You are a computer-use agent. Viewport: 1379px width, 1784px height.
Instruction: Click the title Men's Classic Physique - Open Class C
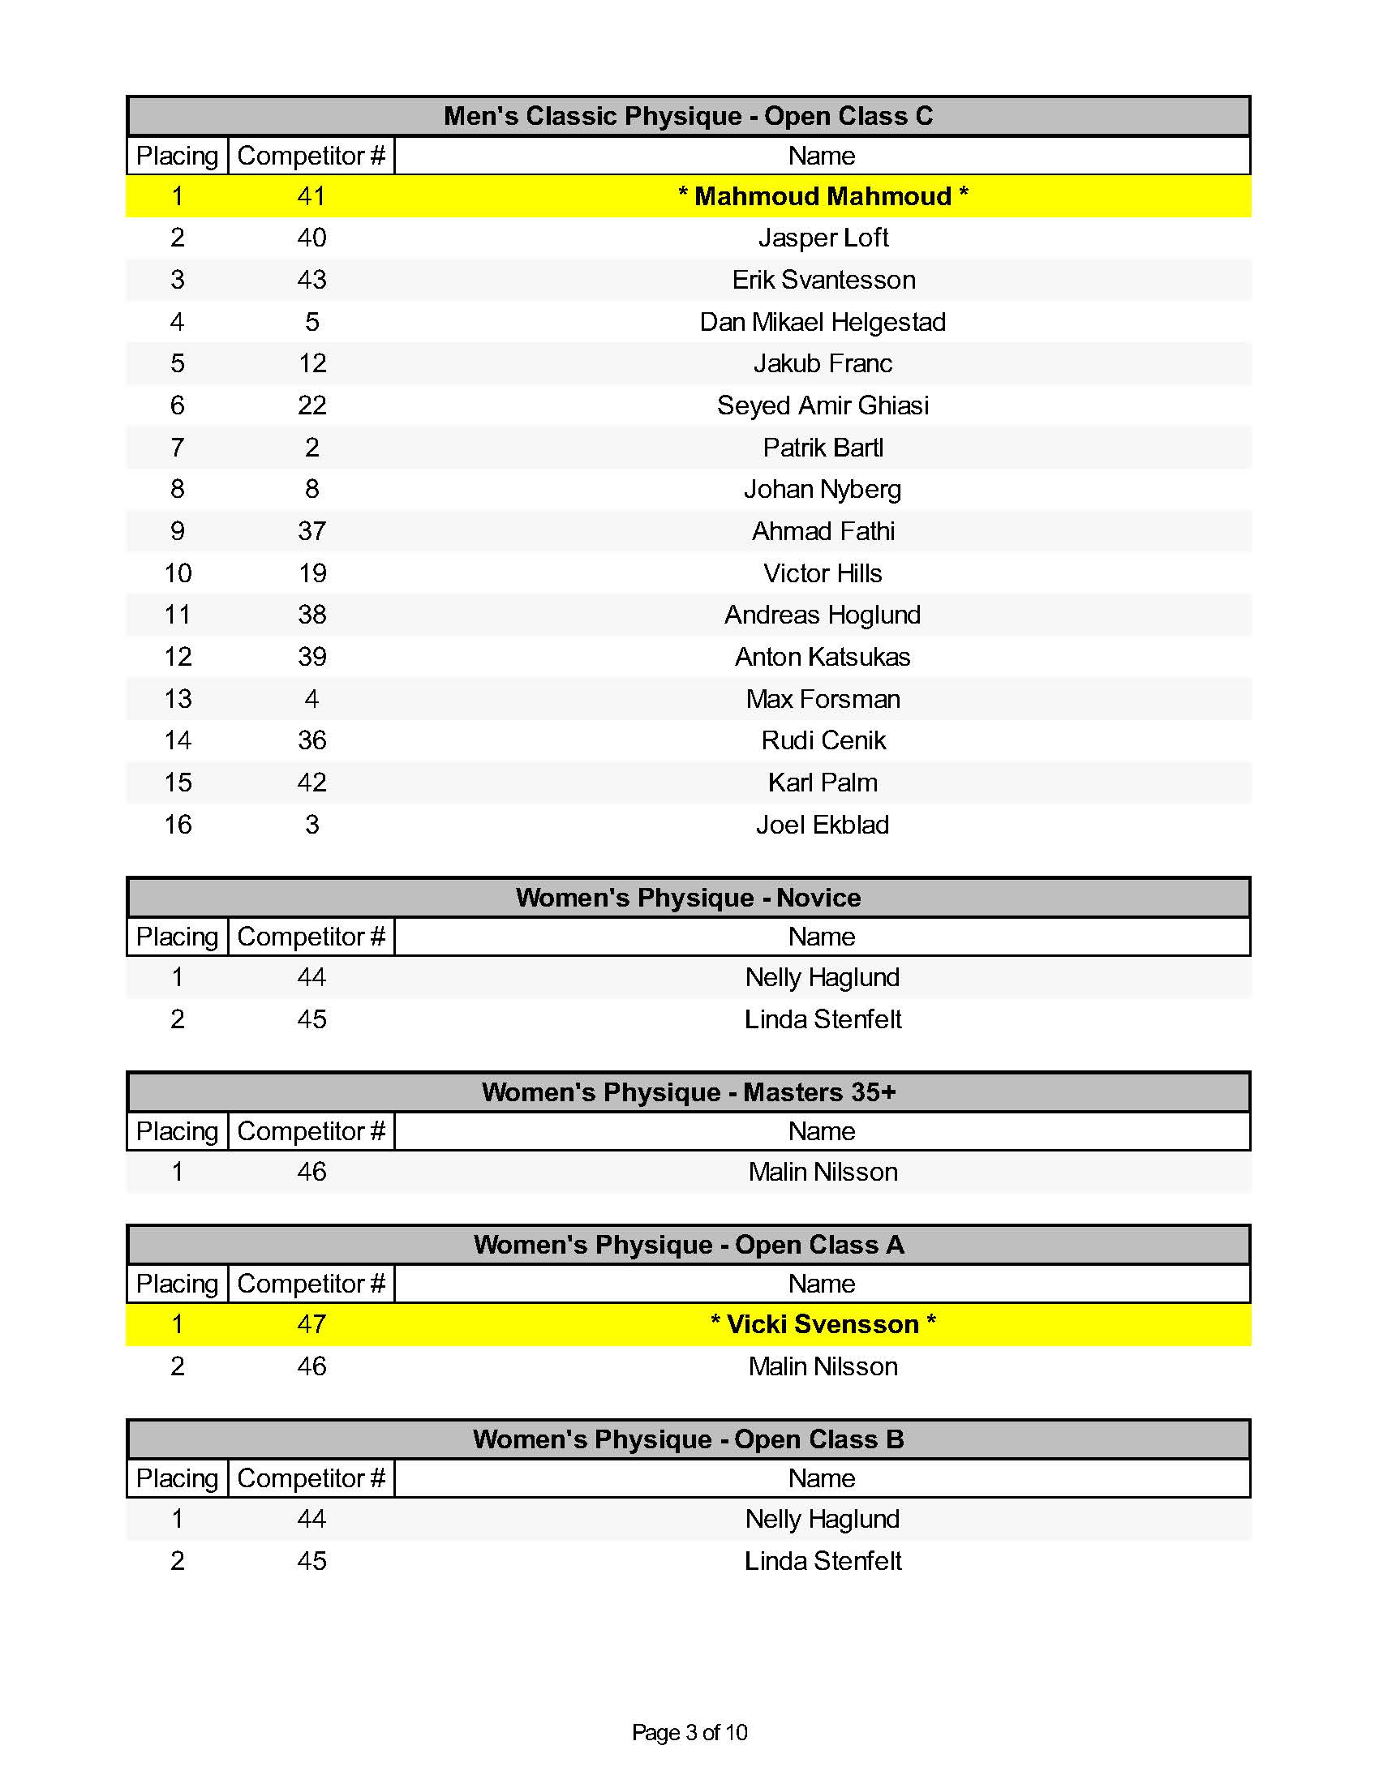[x=688, y=116]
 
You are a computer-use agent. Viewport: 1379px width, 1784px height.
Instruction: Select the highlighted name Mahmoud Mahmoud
[x=823, y=196]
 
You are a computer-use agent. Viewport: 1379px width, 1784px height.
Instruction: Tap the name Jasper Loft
[x=823, y=238]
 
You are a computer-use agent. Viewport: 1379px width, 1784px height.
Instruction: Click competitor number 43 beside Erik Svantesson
[x=311, y=280]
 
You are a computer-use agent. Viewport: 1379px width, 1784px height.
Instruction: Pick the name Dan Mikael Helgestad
[x=823, y=322]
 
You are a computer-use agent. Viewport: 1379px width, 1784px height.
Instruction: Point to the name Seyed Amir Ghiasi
[x=823, y=405]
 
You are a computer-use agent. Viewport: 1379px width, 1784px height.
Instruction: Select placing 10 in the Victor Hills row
[x=178, y=573]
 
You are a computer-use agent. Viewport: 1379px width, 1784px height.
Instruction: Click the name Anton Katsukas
[x=823, y=657]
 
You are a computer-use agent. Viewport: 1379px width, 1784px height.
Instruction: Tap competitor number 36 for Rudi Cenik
[x=311, y=740]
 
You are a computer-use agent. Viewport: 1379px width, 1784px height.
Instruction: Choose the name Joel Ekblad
[x=823, y=824]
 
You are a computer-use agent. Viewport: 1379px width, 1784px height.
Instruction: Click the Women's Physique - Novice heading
[x=688, y=898]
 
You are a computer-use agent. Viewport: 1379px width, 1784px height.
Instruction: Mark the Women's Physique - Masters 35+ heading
[x=688, y=1092]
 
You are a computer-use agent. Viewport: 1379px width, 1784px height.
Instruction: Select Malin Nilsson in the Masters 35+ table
[x=823, y=1172]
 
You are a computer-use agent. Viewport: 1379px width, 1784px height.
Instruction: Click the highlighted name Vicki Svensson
[x=823, y=1324]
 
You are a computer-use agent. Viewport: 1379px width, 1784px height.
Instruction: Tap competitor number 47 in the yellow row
[x=311, y=1324]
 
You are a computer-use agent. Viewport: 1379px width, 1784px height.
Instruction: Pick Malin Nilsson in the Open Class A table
[x=823, y=1366]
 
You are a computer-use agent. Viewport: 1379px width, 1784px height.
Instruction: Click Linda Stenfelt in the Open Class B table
[x=823, y=1560]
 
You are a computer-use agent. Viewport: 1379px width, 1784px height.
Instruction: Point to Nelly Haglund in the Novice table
[x=823, y=977]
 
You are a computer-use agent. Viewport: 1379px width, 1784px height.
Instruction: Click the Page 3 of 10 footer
[x=689, y=1733]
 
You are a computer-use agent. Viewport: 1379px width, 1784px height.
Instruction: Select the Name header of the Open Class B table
[x=822, y=1477]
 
